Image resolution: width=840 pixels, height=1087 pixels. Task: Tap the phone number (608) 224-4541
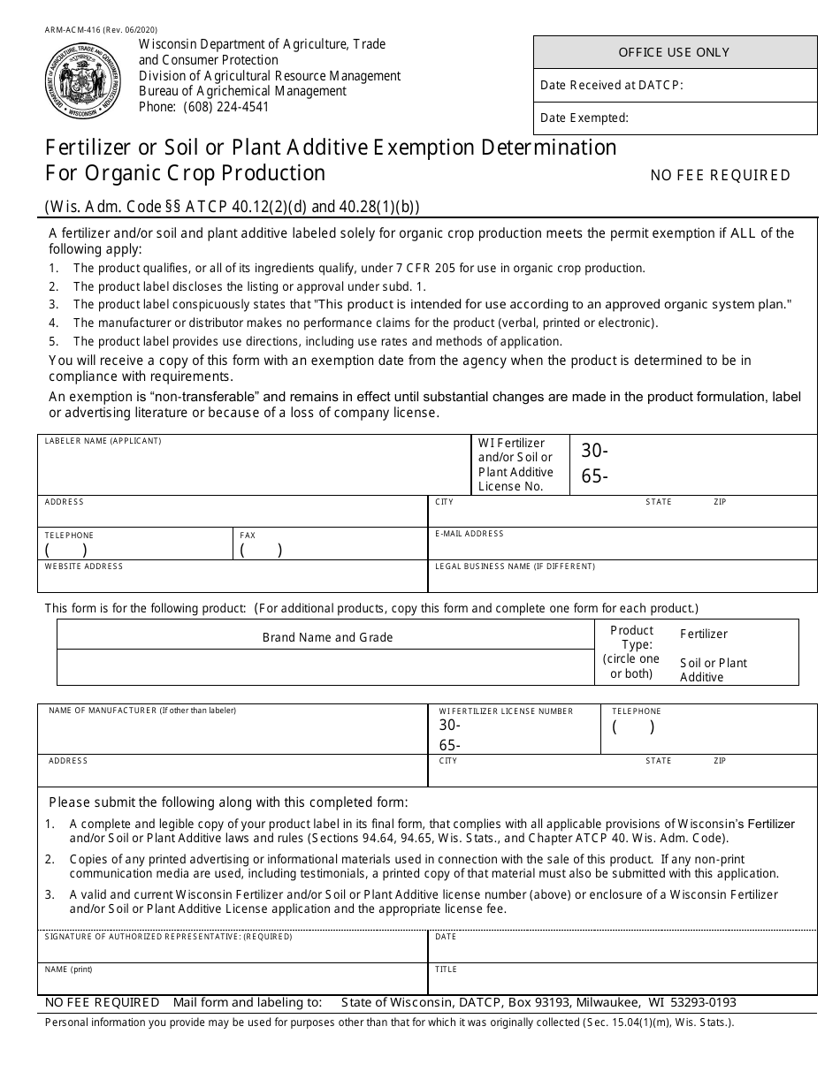(x=225, y=107)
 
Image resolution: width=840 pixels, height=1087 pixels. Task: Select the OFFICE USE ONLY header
(x=675, y=52)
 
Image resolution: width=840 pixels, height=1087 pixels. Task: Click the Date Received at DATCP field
(x=675, y=86)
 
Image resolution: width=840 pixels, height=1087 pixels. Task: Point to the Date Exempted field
(x=675, y=118)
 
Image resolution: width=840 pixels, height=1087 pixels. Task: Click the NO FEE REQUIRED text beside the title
(x=720, y=175)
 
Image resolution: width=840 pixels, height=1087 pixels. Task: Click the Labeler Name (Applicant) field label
(x=103, y=441)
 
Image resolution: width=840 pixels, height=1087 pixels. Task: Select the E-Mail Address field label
(x=469, y=534)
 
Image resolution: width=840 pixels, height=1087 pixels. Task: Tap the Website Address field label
(x=84, y=566)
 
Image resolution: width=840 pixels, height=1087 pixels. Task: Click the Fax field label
(x=248, y=536)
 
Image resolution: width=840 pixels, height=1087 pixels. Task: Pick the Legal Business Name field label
(x=515, y=566)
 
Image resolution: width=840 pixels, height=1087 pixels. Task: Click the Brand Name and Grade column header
(x=327, y=637)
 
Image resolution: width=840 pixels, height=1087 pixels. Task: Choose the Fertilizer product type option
(x=704, y=634)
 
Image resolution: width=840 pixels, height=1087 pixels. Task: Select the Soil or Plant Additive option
(x=713, y=670)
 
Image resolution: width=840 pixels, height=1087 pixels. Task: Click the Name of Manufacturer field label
(x=141, y=711)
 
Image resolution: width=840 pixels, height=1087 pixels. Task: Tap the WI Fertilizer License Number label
(x=506, y=711)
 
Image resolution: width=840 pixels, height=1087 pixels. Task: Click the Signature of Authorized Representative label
(x=168, y=937)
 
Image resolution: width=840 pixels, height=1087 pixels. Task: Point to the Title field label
(x=446, y=969)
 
